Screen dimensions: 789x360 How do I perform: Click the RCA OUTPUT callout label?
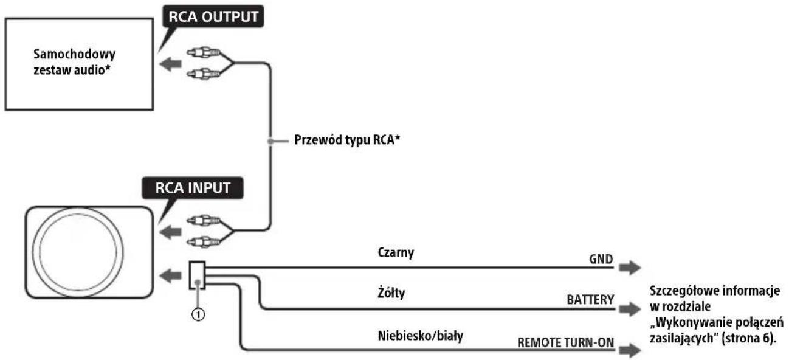(213, 16)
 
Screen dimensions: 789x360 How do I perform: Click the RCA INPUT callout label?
(192, 188)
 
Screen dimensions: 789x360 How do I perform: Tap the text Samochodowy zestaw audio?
(74, 62)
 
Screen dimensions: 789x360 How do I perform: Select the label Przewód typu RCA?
(347, 140)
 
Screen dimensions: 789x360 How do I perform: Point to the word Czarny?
(396, 252)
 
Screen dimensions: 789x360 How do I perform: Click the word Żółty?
(391, 292)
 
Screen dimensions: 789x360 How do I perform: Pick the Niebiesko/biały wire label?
(420, 336)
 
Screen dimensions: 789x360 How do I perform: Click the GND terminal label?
(601, 259)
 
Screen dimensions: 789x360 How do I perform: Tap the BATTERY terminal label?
(590, 300)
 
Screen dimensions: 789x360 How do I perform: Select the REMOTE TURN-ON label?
(565, 342)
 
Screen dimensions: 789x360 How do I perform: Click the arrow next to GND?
(630, 268)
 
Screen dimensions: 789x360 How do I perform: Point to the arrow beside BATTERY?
(630, 310)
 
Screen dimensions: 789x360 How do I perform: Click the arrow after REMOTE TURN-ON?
(630, 350)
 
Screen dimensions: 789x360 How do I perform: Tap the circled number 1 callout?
(198, 314)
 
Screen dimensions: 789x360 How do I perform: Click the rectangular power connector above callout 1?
(197, 275)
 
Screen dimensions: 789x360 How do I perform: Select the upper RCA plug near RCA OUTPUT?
(204, 53)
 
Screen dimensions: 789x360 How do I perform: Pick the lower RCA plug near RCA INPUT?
(204, 241)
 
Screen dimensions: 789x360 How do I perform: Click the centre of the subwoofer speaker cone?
(78, 252)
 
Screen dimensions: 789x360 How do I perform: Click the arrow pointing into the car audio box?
(170, 64)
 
